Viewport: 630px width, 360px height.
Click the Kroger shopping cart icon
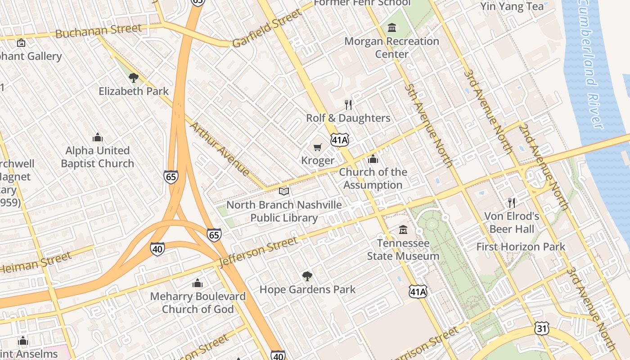click(318, 147)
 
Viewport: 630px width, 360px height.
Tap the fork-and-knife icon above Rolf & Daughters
click(348, 105)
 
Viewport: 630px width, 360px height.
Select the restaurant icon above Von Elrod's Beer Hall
click(511, 202)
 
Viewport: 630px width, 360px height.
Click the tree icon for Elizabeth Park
click(133, 78)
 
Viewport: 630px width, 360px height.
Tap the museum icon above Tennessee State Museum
click(403, 230)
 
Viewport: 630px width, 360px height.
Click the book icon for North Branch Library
click(283, 192)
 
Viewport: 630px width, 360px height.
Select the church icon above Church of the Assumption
click(373, 159)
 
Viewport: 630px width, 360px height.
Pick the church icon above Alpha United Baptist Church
click(97, 137)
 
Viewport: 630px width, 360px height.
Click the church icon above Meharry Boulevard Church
click(197, 283)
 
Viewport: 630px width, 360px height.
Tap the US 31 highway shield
click(542, 328)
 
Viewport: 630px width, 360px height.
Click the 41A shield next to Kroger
click(340, 140)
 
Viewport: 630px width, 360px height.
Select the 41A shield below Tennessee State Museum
click(418, 292)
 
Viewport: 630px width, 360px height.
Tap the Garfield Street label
click(267, 28)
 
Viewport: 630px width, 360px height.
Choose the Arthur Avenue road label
click(220, 148)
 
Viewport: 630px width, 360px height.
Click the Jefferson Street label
click(258, 251)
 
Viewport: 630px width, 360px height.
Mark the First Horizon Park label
click(521, 247)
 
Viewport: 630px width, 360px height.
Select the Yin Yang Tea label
click(512, 6)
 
